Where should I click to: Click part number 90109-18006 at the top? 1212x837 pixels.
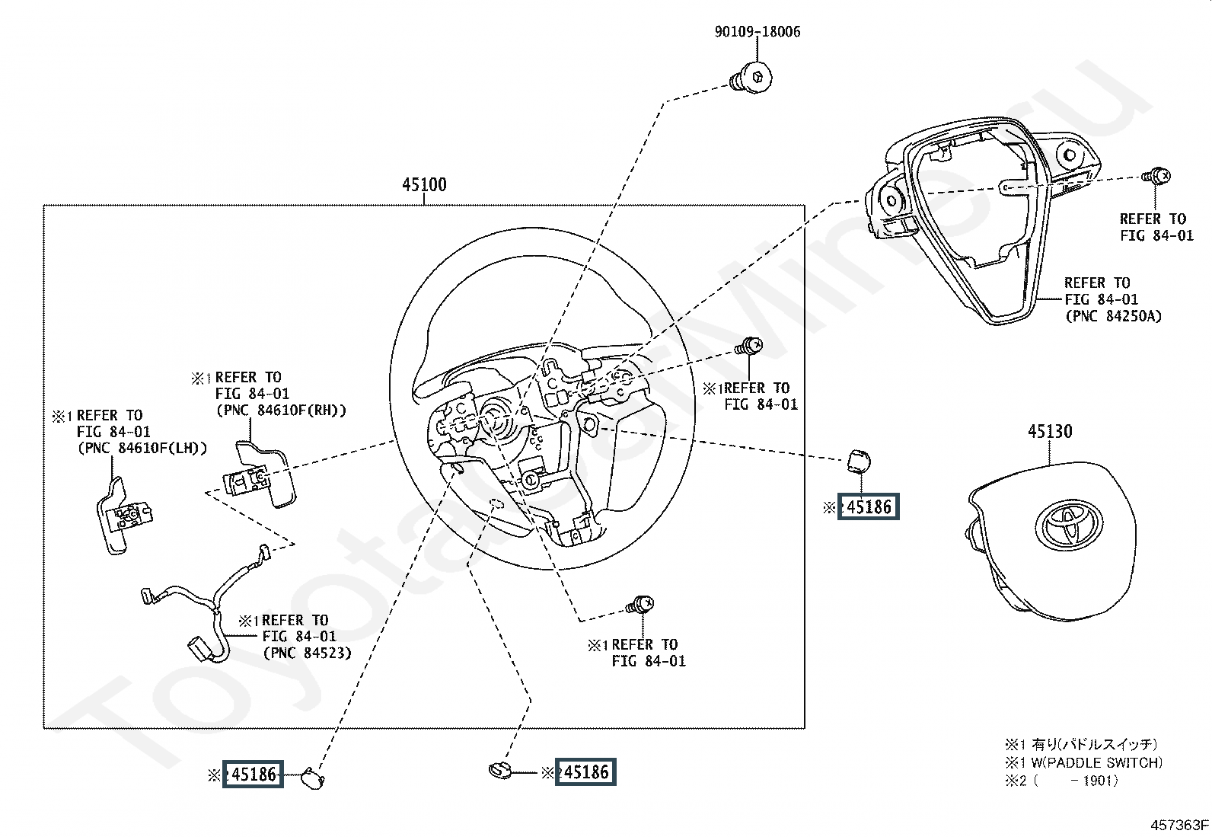[x=757, y=32]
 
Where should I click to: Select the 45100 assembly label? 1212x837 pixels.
[x=424, y=185]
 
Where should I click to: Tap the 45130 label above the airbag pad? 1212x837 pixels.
[x=1050, y=432]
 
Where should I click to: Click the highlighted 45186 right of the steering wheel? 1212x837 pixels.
[x=869, y=506]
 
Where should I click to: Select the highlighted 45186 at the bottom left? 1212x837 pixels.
[x=253, y=775]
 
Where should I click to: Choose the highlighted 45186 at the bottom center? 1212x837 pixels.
[x=585, y=772]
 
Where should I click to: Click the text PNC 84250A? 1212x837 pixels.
[x=1113, y=316]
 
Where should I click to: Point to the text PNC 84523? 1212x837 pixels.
[x=307, y=653]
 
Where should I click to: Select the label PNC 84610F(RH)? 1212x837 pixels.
[x=281, y=411]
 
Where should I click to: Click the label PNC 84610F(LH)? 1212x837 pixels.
[x=142, y=449]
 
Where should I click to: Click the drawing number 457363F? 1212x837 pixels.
[x=1179, y=824]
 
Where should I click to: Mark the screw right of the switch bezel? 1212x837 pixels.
[x=1156, y=176]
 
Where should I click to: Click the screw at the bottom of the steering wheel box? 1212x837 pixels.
[x=640, y=606]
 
